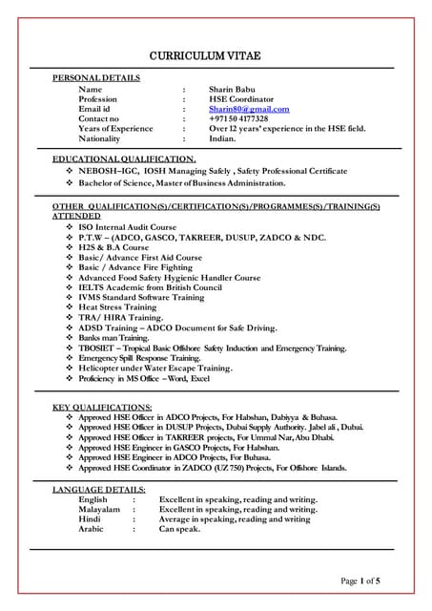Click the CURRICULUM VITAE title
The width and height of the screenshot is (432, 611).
click(215, 56)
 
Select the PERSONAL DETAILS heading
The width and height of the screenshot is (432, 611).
click(96, 77)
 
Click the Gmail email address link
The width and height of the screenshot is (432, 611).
click(249, 109)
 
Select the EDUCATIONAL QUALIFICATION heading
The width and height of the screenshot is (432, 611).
click(124, 158)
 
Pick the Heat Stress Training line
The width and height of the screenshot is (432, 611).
click(117, 307)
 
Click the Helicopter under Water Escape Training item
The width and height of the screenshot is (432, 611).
click(154, 368)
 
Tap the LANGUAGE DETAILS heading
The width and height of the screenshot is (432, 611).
click(98, 489)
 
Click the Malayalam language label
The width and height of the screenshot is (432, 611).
click(99, 509)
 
